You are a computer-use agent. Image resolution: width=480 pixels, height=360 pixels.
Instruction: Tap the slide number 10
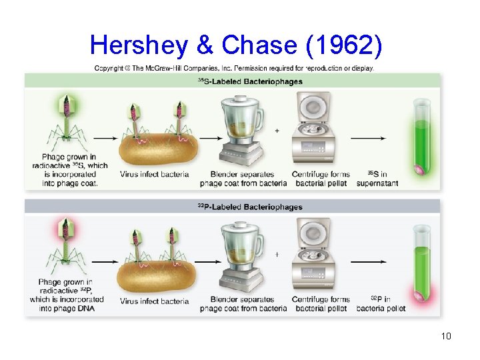point(446,336)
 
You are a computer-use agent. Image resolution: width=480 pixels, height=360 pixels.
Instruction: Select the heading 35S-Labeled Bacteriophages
point(250,81)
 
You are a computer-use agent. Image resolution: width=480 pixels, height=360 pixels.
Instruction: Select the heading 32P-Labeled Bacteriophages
point(250,207)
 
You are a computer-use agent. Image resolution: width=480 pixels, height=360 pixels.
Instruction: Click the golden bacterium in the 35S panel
point(159,148)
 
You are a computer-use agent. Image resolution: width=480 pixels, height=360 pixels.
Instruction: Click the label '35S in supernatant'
point(383,178)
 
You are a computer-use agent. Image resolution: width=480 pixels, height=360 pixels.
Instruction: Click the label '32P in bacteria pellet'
point(381,303)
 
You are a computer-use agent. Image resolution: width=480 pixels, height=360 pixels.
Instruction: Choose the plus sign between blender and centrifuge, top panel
point(277,131)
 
